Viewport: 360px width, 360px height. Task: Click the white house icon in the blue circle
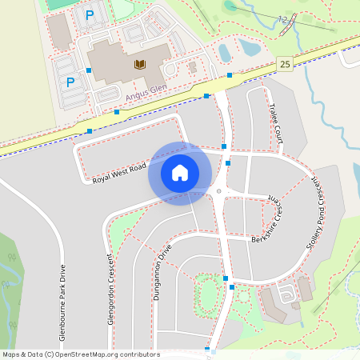[180, 172]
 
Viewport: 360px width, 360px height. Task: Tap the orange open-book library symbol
[140, 64]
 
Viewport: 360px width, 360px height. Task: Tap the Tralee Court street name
[277, 122]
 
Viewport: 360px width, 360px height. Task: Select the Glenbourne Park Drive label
[62, 298]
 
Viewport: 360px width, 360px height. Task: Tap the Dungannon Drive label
[163, 272]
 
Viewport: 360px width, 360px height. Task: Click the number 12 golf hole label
[282, 18]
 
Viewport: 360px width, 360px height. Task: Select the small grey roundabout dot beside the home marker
[218, 192]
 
